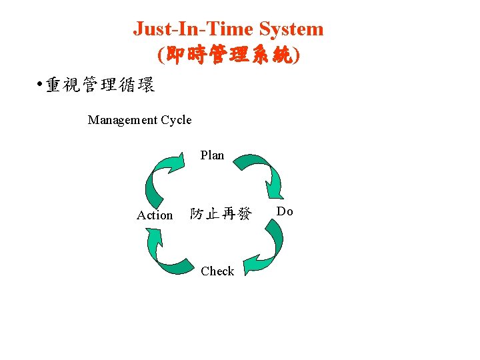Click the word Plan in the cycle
pos(212,155)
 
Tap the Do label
pos(285,211)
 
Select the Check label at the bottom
pos(217,271)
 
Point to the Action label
pos(155,215)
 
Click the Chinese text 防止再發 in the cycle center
pos(221,214)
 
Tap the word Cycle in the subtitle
pos(176,120)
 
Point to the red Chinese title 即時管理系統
pos(229,55)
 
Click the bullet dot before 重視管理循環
pos(40,85)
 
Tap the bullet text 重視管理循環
pos(100,85)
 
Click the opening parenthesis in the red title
pos(161,55)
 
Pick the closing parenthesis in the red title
pos(297,55)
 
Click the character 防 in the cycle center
pos(197,214)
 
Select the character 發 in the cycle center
pos(245,214)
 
